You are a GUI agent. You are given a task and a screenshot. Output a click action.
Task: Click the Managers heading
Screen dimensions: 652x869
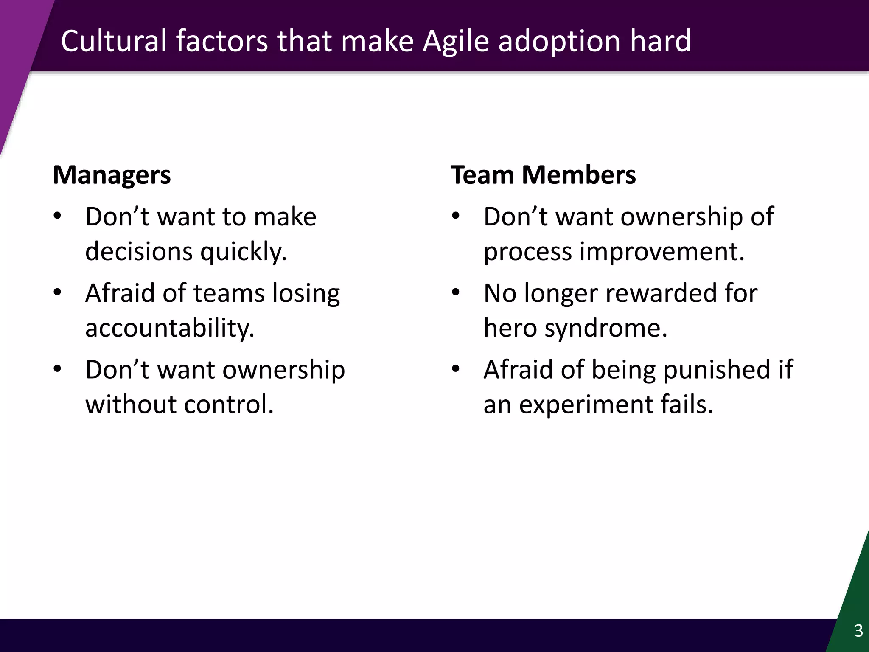[x=112, y=175]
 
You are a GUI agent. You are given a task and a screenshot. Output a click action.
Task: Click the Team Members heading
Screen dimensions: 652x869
[x=543, y=175]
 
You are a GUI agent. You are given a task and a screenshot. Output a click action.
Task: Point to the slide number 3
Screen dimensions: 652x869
[x=858, y=631]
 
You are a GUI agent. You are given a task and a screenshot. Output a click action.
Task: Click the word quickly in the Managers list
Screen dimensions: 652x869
[x=243, y=251]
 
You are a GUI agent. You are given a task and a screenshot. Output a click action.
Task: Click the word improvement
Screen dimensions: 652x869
[x=662, y=251]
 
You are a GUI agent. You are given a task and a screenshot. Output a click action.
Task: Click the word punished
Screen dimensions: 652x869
[x=716, y=369]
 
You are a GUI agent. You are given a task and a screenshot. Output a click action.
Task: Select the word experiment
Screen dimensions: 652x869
[x=586, y=405]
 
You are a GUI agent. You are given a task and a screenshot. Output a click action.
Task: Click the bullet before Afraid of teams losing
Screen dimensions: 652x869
[x=58, y=293]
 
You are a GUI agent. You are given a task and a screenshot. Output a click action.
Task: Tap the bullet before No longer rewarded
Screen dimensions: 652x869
[x=456, y=293]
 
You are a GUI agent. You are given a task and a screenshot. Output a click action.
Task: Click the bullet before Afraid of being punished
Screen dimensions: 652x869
[x=456, y=369]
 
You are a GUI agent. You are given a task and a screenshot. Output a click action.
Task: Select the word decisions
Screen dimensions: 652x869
[x=139, y=251]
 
